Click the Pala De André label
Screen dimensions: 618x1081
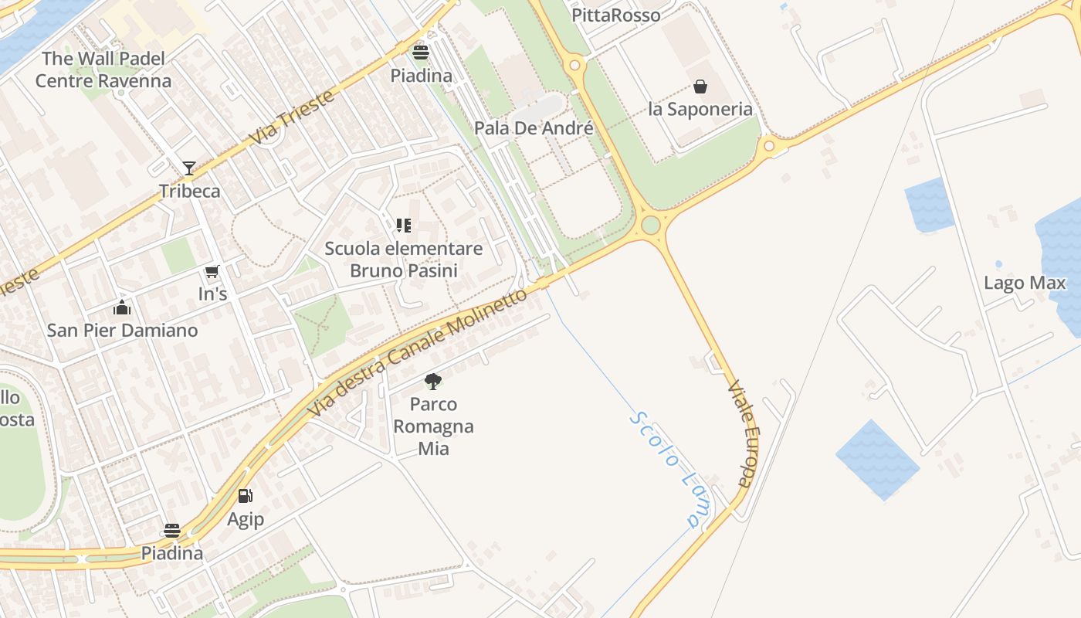[x=534, y=127]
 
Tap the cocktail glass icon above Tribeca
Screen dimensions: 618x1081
[x=189, y=168]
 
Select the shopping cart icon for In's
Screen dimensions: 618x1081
[x=212, y=271]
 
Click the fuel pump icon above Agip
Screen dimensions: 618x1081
[x=245, y=496]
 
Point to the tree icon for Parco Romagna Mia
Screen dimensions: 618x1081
[x=433, y=381]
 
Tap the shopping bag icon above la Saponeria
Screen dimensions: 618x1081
[x=700, y=86]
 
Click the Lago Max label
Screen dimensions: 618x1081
[x=1025, y=283]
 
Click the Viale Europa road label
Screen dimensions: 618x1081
[x=740, y=433]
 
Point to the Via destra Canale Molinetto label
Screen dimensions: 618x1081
[x=418, y=353]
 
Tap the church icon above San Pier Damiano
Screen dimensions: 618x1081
[x=122, y=308]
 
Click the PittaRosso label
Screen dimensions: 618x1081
[x=616, y=15]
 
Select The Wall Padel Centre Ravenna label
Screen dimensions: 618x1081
[x=103, y=70]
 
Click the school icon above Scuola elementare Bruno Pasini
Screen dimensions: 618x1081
[x=403, y=226]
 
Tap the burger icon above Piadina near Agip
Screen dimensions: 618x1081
[x=172, y=531]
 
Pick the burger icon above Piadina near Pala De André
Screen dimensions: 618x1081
[x=421, y=53]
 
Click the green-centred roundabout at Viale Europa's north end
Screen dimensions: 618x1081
[x=651, y=225]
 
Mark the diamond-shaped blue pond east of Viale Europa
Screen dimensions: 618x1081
[x=877, y=460]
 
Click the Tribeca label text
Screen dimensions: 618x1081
[x=189, y=191]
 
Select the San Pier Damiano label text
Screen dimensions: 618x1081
[x=122, y=331]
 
